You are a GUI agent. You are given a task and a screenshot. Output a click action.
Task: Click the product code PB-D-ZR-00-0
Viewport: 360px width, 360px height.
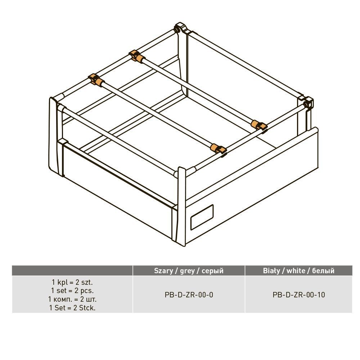click(x=189, y=294)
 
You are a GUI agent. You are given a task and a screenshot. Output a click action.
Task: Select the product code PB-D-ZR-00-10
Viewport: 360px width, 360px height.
click(x=299, y=294)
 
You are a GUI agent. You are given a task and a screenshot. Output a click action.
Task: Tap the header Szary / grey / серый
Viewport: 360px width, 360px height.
click(x=189, y=271)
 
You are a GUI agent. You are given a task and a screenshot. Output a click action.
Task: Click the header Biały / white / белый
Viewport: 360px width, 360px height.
click(x=298, y=271)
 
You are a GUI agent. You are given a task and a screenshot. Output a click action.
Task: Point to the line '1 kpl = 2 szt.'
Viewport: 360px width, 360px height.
click(x=72, y=282)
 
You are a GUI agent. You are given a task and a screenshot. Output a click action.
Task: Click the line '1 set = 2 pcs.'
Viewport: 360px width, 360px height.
click(x=72, y=291)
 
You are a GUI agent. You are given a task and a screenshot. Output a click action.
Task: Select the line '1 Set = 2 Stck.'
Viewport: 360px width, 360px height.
click(x=72, y=308)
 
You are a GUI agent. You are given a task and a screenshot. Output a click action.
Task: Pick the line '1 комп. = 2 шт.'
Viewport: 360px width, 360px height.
click(x=72, y=299)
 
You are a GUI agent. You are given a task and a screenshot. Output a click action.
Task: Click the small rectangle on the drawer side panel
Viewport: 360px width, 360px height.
click(x=202, y=217)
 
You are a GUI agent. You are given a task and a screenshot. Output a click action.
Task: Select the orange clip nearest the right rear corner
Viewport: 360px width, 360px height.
click(x=259, y=125)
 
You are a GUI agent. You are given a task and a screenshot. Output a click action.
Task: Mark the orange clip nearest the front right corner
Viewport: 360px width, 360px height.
click(x=218, y=149)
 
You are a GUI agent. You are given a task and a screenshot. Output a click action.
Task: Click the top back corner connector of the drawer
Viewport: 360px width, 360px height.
click(x=181, y=28)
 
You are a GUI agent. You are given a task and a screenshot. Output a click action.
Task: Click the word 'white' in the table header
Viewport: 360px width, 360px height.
click(x=296, y=271)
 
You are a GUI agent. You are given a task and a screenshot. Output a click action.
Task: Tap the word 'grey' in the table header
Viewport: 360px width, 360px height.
click(x=187, y=271)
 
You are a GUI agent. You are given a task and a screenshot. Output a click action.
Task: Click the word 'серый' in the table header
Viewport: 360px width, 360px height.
click(x=213, y=271)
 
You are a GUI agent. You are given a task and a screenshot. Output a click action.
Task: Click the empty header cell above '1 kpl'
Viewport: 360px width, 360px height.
click(x=72, y=270)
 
